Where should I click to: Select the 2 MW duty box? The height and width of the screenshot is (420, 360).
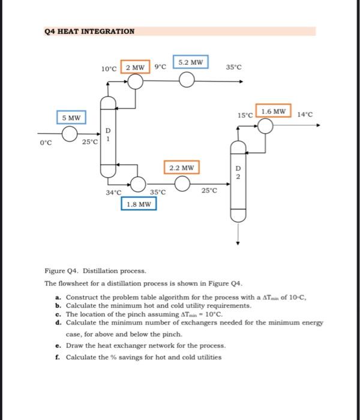[x=136, y=67]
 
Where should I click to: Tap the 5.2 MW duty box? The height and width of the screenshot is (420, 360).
[x=190, y=62]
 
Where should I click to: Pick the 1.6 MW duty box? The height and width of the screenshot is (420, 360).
[x=273, y=111]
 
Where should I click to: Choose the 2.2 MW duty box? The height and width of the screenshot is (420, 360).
[x=182, y=168]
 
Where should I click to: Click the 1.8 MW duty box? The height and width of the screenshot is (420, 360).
[x=139, y=205]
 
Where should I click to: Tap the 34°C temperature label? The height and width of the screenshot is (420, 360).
[x=113, y=193]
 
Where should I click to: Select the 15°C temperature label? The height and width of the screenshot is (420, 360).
[x=245, y=115]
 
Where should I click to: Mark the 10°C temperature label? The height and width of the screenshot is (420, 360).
[x=109, y=68]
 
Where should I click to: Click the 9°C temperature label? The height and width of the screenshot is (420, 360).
[x=160, y=68]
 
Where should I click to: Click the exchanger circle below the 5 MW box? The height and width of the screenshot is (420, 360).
[x=71, y=133]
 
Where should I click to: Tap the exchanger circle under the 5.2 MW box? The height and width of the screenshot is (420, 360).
[x=188, y=81]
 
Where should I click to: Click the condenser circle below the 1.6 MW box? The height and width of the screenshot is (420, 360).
[x=265, y=125]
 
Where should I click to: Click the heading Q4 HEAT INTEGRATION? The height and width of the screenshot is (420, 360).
[x=89, y=31]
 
